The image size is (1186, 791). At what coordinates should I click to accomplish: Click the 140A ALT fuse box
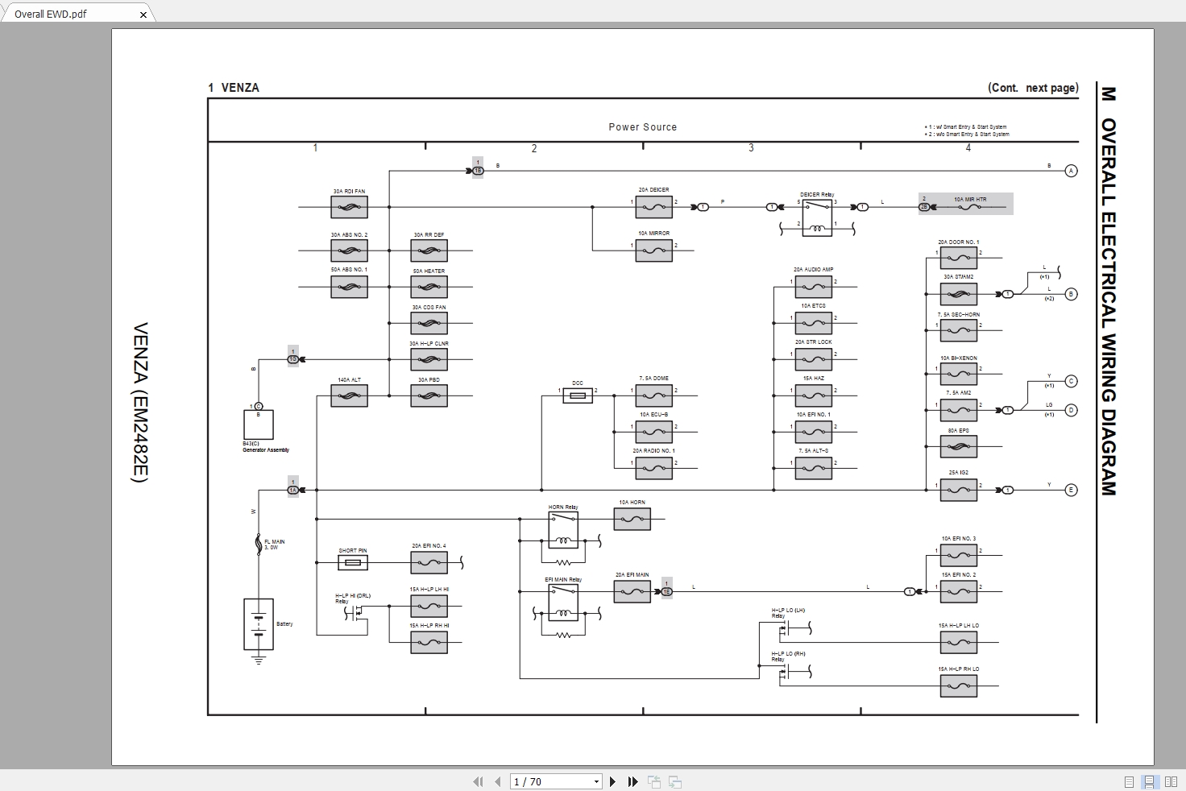click(x=349, y=395)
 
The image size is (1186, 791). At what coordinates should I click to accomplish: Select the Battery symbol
click(x=259, y=624)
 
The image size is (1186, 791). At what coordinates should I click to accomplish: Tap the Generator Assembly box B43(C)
click(x=259, y=424)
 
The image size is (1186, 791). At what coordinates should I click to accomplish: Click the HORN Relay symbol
click(x=563, y=529)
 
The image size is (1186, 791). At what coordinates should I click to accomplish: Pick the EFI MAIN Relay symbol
click(x=563, y=602)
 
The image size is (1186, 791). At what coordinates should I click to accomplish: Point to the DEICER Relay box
click(x=817, y=218)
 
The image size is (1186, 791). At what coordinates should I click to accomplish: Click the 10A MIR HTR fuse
click(x=969, y=207)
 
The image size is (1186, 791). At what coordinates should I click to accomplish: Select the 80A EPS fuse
click(x=958, y=446)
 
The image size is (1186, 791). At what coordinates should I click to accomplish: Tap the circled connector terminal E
click(x=1071, y=490)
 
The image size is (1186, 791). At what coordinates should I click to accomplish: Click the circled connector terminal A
click(x=1071, y=171)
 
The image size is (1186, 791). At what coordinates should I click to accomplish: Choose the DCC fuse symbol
click(x=578, y=395)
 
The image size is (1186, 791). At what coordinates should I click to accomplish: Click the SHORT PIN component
click(x=352, y=561)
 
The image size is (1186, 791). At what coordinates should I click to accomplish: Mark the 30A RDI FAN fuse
click(x=349, y=207)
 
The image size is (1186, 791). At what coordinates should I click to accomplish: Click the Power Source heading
click(x=642, y=127)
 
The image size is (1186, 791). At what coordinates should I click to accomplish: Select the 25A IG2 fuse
click(x=958, y=490)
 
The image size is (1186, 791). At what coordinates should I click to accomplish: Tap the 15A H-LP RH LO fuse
click(x=958, y=686)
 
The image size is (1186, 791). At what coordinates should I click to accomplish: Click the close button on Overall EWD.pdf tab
click(x=143, y=14)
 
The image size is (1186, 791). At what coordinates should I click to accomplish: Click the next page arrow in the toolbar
click(x=612, y=781)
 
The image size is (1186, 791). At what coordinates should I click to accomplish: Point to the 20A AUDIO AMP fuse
click(x=813, y=287)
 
